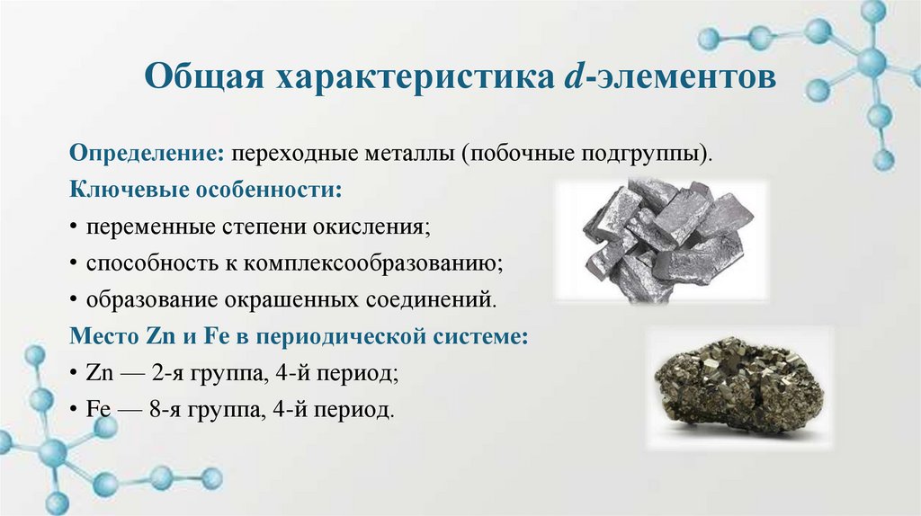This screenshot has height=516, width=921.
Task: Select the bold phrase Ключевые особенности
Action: coord(206,189)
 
